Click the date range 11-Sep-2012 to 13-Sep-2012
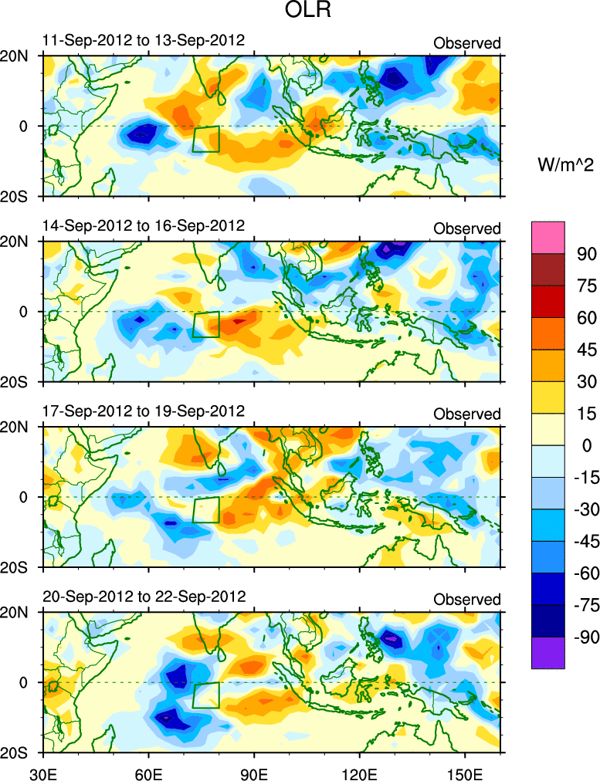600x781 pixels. point(144,40)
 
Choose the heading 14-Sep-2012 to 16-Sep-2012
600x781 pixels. point(144,225)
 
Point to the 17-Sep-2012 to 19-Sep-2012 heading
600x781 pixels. point(144,411)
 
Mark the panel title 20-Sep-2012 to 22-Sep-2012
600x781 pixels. point(144,597)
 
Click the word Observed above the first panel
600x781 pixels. point(466,43)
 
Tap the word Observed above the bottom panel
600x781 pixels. point(466,600)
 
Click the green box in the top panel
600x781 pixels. point(206,139)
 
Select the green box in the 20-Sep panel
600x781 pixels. point(206,695)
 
